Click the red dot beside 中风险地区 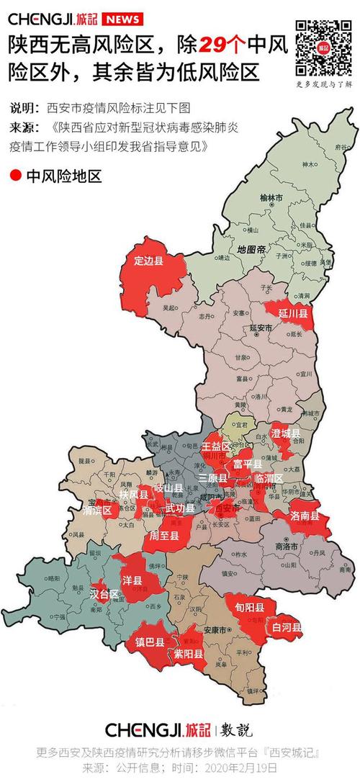pyautogui.click(x=16, y=175)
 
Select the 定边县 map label pyautogui.click(x=149, y=260)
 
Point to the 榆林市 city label pyautogui.click(x=272, y=197)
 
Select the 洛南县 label pyautogui.click(x=305, y=516)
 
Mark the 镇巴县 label pyautogui.click(x=150, y=642)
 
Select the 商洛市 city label pyautogui.click(x=289, y=547)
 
